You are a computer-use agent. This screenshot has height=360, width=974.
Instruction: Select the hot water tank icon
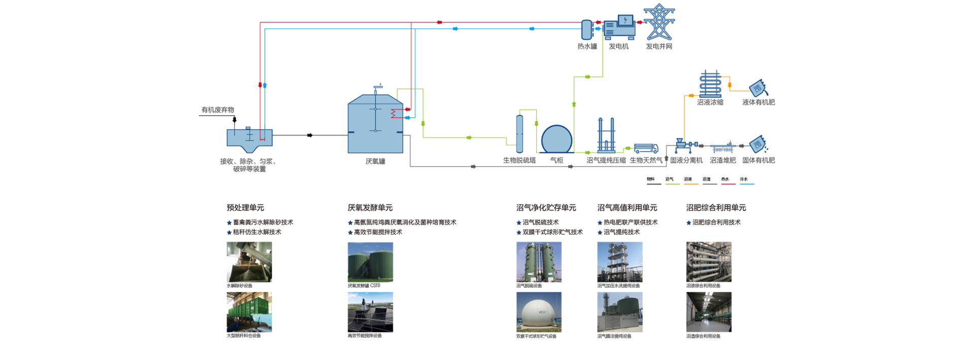(x=586, y=29)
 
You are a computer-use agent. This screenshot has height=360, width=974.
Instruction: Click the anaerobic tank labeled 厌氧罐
(x=375, y=124)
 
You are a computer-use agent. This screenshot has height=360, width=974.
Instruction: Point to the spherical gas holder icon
(x=556, y=139)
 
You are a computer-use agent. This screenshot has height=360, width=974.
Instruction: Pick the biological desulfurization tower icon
(x=519, y=134)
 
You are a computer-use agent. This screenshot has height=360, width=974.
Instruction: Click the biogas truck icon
(x=646, y=148)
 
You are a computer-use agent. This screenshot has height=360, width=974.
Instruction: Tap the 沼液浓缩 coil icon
(x=710, y=84)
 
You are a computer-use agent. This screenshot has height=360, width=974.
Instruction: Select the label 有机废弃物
(x=218, y=110)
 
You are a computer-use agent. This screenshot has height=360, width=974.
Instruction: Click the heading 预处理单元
(x=245, y=207)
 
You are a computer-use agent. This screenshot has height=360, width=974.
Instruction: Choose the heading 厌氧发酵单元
(x=370, y=207)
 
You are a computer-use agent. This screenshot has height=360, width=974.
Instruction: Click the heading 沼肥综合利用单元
(x=716, y=207)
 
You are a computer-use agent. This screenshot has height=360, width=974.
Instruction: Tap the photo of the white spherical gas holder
(x=539, y=312)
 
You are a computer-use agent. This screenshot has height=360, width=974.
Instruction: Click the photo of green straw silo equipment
(x=249, y=312)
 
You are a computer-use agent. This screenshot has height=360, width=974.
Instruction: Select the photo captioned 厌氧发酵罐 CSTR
(x=370, y=262)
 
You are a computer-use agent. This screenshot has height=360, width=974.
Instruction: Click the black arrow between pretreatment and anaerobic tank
(x=309, y=135)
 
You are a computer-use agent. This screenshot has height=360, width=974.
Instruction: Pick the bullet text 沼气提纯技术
(x=621, y=232)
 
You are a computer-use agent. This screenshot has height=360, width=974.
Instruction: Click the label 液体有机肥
(x=758, y=102)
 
